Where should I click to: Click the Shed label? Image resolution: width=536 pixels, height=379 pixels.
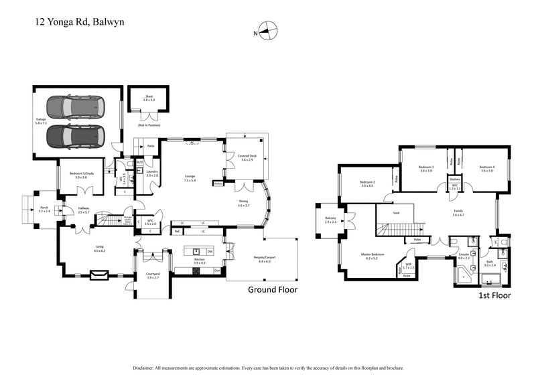[x=149, y=98]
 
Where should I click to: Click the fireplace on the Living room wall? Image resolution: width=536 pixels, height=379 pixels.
[x=94, y=274]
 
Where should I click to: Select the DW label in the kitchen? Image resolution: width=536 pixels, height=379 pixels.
[x=210, y=252]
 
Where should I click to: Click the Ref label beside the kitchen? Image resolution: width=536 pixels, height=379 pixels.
[x=178, y=232]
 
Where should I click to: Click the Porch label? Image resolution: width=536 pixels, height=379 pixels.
[x=44, y=209]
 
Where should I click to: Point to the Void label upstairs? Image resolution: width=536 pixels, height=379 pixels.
[x=396, y=214]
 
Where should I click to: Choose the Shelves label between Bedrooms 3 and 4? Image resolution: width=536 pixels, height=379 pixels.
[x=454, y=179]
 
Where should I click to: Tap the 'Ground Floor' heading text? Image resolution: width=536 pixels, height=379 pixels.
[x=272, y=290]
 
